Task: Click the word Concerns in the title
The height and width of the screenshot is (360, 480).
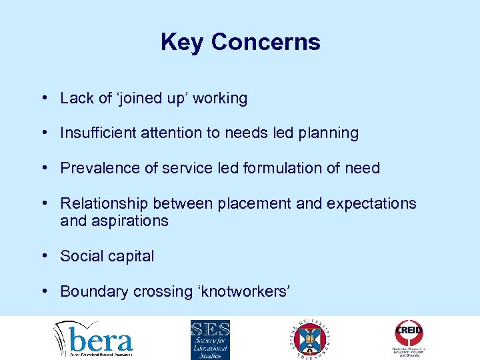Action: [x=266, y=43]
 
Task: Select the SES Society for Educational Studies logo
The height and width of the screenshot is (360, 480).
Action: [x=210, y=339]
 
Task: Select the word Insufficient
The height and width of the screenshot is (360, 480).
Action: [x=97, y=133]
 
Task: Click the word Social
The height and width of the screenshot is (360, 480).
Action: [x=79, y=256]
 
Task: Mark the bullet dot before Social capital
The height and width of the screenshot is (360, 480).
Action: [x=43, y=256]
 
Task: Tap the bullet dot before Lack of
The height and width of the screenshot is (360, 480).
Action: [x=43, y=98]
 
